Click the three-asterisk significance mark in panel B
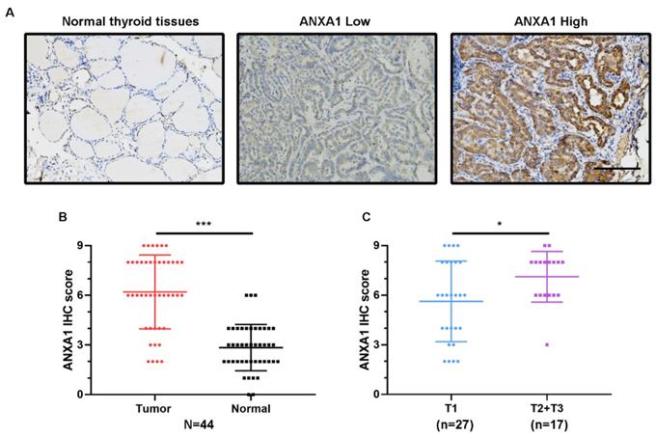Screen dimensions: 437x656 tap(204, 226)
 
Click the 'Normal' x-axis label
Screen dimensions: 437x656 tap(251, 407)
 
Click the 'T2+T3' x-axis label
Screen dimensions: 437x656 tap(548, 407)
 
